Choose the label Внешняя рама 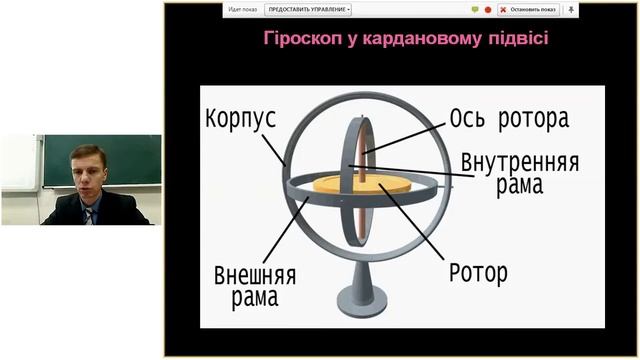point(246,285)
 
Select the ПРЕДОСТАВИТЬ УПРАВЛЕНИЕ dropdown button point(308,9)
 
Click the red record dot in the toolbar point(488,9)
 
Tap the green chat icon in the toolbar point(474,9)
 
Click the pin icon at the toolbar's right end point(571,9)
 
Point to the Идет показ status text point(243,9)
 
